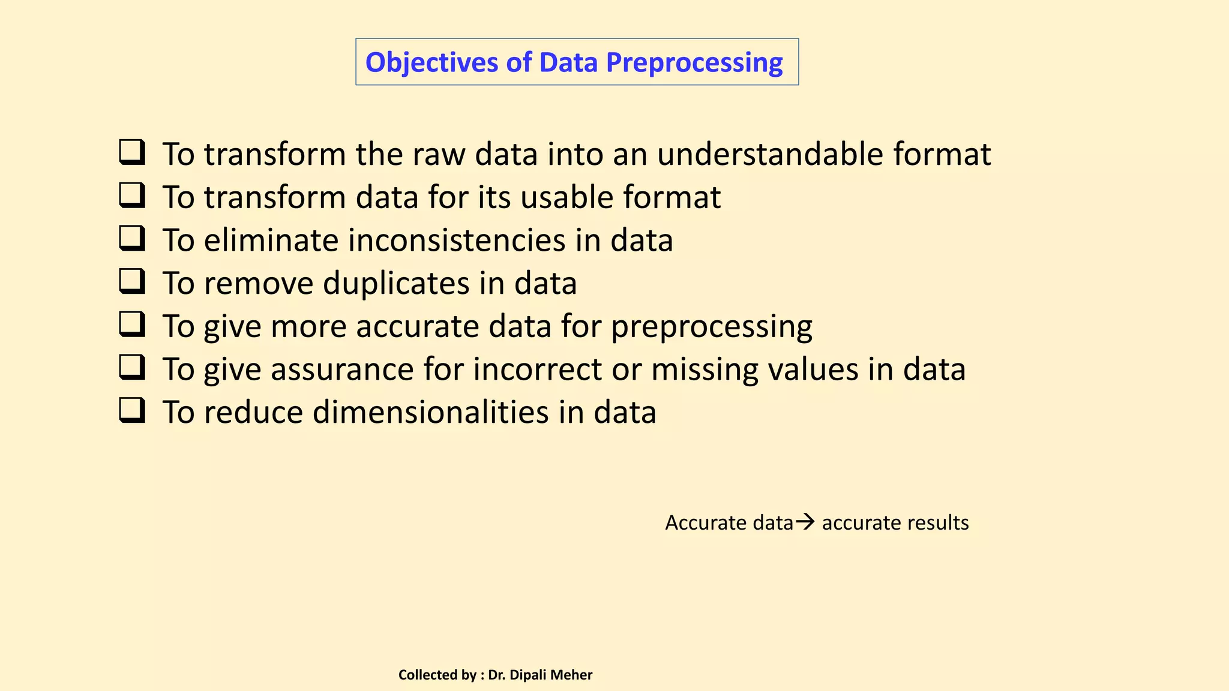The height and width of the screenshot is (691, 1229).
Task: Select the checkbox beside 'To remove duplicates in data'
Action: pos(132,282)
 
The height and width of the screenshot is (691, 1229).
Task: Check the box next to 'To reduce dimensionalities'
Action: pos(132,411)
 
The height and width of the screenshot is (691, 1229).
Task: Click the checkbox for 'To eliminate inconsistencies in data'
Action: pos(132,239)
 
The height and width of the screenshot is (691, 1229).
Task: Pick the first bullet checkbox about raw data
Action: pos(132,153)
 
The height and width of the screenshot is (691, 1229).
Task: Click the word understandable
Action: pos(770,154)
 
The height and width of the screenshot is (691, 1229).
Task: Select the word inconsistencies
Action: pos(457,241)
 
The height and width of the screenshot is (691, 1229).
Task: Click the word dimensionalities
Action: pos(431,413)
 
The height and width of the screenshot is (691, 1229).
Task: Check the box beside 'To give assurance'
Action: pos(132,368)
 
